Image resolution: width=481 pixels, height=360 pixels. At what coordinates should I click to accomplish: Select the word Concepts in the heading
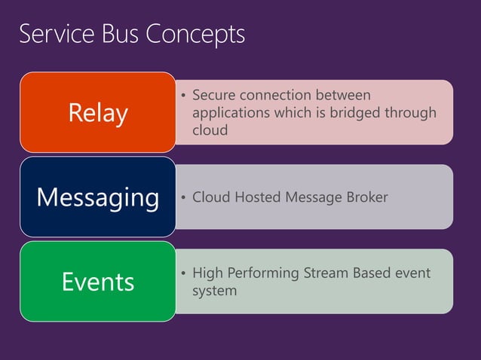pos(197,35)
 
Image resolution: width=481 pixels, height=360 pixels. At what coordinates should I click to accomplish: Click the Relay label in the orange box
pos(98,113)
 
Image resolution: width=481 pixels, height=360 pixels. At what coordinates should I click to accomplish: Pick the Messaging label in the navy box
pos(98,197)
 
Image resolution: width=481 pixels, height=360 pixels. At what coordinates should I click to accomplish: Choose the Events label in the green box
pos(98,282)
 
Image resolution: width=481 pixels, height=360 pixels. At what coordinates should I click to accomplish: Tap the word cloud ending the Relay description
pos(210,130)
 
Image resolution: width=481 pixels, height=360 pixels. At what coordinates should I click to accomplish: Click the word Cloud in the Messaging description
pos(210,197)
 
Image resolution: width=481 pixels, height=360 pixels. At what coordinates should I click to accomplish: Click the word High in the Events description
pos(208,273)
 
